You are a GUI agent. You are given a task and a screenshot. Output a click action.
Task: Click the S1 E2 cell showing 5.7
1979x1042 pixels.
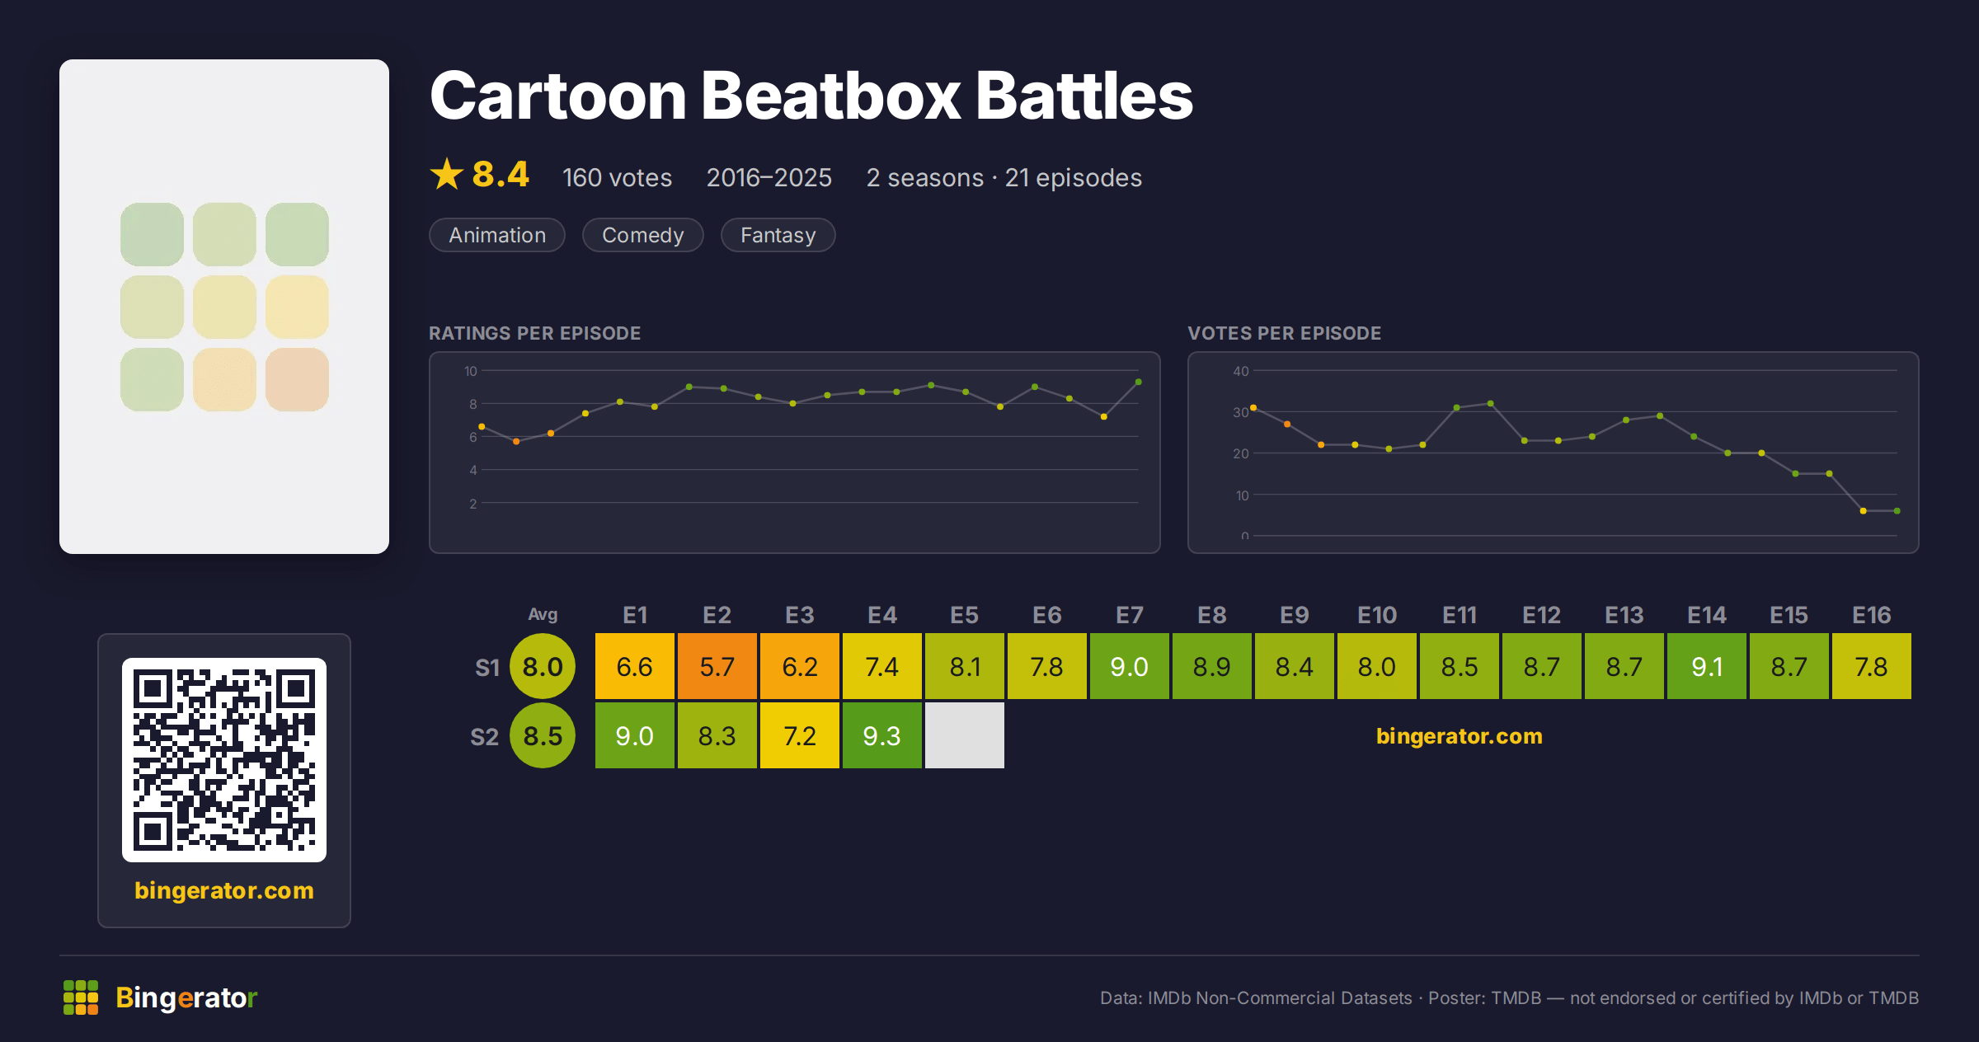pos(717,666)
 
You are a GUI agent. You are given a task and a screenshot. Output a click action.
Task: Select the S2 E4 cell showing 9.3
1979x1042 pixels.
pos(882,735)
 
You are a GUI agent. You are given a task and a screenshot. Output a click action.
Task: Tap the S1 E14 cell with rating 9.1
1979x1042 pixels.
pos(1707,666)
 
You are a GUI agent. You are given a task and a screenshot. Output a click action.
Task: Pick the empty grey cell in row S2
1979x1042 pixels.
pos(965,735)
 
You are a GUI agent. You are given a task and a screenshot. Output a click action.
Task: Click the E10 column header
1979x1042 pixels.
pos(1377,615)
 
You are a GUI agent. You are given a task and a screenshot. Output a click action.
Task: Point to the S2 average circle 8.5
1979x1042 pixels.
pos(543,735)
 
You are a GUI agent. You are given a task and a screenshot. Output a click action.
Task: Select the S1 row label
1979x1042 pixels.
pos(487,667)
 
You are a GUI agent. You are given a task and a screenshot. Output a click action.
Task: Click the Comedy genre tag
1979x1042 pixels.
pos(643,235)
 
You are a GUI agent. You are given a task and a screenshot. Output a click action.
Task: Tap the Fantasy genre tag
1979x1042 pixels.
pos(778,235)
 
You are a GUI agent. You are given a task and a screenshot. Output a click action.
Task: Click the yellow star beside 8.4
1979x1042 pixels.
pos(447,174)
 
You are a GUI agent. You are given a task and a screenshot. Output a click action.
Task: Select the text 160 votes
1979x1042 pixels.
pos(617,177)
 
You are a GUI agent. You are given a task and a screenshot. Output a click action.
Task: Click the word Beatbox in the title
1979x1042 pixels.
pos(830,96)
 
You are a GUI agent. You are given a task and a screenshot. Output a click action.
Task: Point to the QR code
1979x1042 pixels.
pos(224,760)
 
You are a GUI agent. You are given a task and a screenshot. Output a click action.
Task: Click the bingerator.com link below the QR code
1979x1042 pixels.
pos(224,890)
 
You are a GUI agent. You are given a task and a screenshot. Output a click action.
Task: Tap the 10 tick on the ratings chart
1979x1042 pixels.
pos(470,371)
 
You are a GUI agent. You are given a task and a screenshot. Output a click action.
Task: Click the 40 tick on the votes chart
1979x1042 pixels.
pos(1241,371)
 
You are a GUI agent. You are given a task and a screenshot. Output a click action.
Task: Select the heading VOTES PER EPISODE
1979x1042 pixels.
pos(1284,333)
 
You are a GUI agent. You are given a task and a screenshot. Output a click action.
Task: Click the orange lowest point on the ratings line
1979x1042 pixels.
pos(516,442)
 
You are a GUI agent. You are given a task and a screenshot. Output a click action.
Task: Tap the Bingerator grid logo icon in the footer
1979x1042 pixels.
pos(81,997)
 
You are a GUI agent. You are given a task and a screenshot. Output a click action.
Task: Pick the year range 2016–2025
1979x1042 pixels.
pos(769,177)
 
